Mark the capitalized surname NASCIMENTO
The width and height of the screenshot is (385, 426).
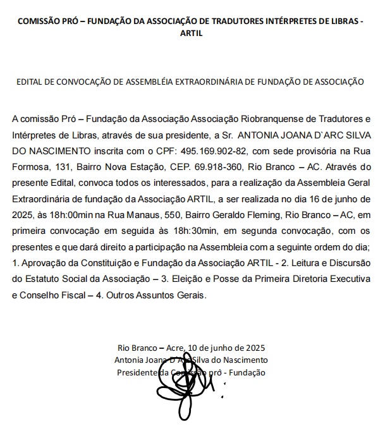pyautogui.click(x=50, y=152)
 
